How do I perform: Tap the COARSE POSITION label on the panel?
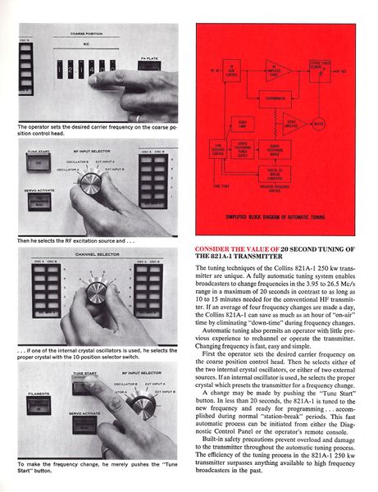tap(95, 34)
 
